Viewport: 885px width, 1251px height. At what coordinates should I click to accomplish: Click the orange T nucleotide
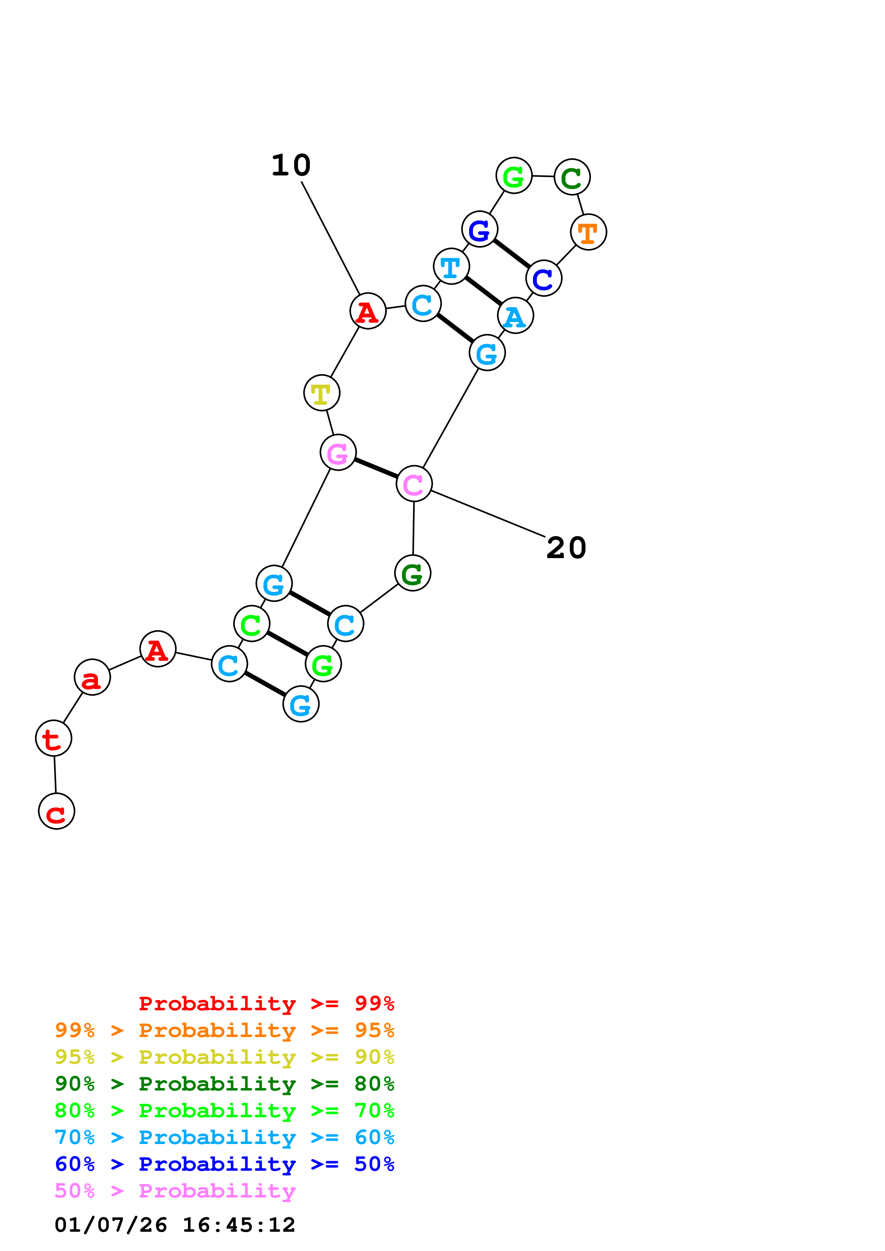588,232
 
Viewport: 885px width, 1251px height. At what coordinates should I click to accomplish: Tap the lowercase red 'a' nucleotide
92,677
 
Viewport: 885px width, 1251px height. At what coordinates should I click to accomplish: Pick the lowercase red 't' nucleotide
54,738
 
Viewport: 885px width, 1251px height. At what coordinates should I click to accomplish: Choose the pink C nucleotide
414,483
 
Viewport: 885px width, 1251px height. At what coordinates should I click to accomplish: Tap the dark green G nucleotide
413,573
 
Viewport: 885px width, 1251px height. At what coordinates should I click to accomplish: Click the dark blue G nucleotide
479,229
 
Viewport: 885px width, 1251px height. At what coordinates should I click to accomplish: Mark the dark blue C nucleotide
544,279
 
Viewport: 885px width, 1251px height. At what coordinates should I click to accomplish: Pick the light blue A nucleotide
515,316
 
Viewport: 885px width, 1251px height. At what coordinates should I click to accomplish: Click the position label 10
291,165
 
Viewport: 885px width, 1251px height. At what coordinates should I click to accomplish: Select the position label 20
566,548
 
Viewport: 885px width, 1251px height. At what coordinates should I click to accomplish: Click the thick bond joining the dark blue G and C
512,254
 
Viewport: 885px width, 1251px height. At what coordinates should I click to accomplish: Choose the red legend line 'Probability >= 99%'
266,1003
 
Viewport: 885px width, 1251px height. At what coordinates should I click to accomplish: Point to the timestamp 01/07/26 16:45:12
175,1225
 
